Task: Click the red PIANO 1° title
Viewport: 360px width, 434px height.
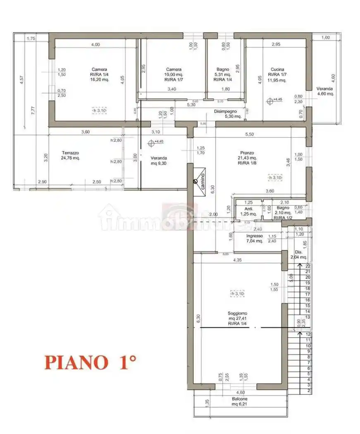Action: tap(90, 362)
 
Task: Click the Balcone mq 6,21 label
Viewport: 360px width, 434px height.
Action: tap(239, 401)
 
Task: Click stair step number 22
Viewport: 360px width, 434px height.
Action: tap(308, 266)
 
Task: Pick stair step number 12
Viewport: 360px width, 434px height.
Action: tap(308, 334)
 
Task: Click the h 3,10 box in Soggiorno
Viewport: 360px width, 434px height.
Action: tap(238, 293)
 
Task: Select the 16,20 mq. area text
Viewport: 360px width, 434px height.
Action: tap(100, 80)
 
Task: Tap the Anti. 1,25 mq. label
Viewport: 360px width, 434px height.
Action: tap(249, 211)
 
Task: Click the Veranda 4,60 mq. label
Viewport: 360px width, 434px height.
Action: tap(325, 91)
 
